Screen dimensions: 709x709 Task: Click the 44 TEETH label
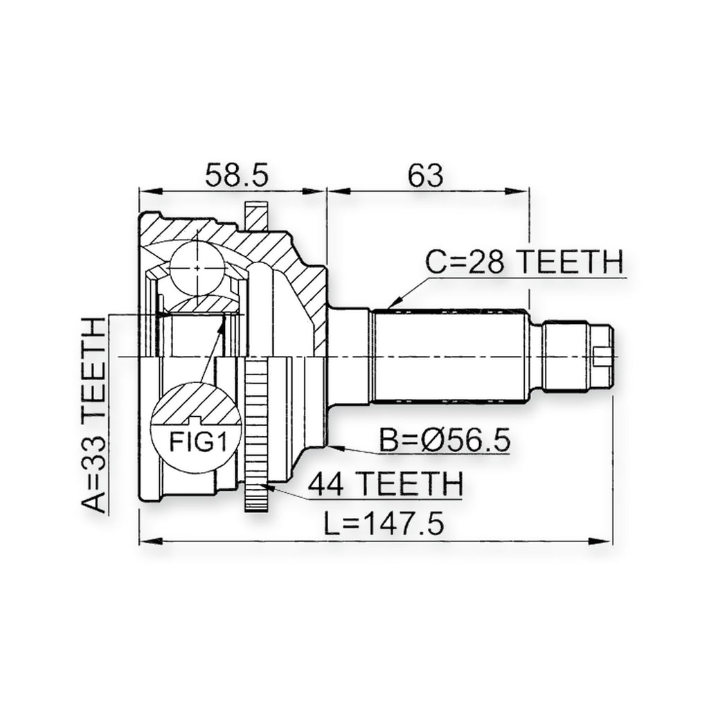pyautogui.click(x=386, y=484)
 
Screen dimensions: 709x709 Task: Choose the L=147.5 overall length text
pyautogui.click(x=384, y=524)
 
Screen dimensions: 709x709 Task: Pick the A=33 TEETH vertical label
pyautogui.click(x=93, y=415)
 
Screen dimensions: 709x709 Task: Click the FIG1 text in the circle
pyautogui.click(x=197, y=442)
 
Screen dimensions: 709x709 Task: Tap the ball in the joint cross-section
pyautogui.click(x=197, y=268)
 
